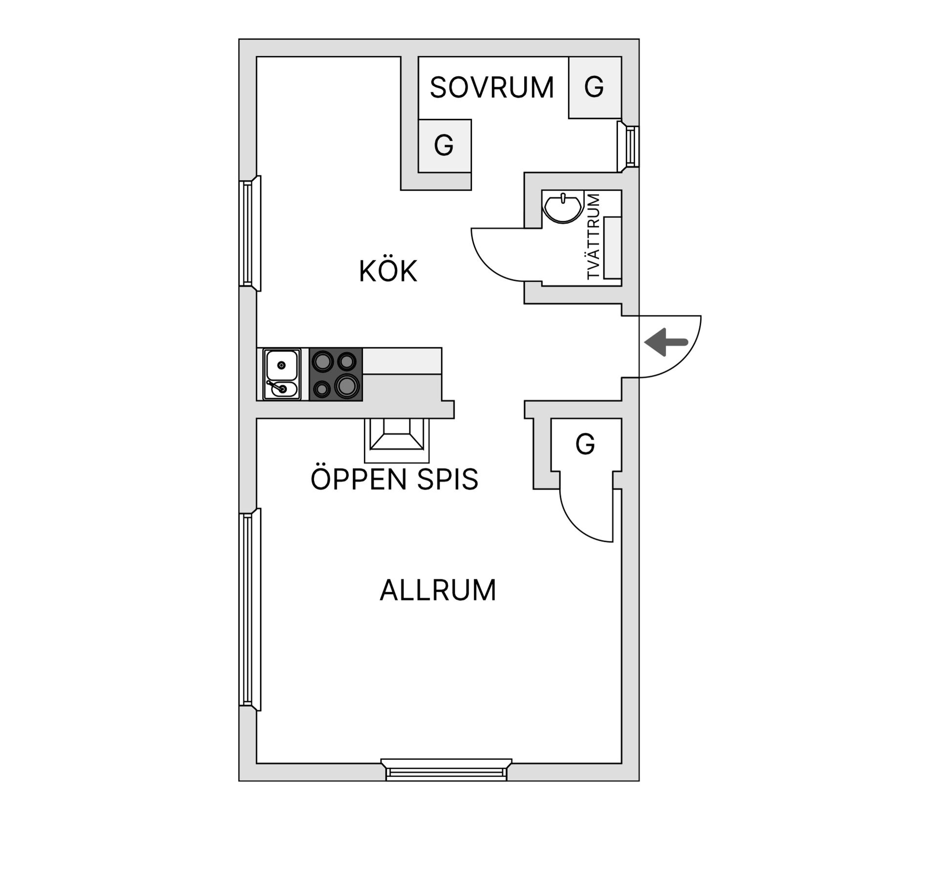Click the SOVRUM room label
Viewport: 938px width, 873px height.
pos(492,87)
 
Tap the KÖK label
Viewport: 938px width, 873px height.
pos(388,271)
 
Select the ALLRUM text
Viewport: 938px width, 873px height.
pos(438,590)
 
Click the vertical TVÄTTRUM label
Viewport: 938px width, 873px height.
pos(593,237)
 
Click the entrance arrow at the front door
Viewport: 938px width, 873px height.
pos(666,342)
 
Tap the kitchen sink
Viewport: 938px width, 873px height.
pos(282,374)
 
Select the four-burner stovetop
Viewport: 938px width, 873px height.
pos(336,374)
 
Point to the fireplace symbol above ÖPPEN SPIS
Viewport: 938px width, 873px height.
pos(397,440)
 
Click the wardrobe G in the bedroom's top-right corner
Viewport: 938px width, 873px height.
pos(595,87)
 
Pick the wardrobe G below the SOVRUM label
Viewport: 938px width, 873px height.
pos(445,146)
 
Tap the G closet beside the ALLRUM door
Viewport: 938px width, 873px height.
pos(586,444)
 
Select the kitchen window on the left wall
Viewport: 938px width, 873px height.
pos(250,234)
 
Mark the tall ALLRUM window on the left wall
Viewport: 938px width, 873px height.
pos(250,609)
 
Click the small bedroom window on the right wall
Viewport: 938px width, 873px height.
pos(628,147)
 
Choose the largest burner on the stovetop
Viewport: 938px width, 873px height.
pos(346,385)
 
